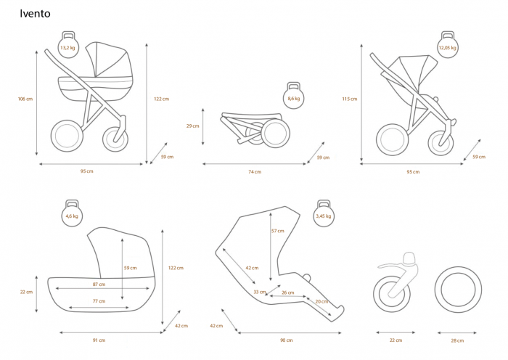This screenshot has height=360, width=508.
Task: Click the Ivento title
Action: point(35,14)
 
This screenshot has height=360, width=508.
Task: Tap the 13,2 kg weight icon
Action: point(68,45)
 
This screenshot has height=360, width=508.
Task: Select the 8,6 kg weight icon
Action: point(293,96)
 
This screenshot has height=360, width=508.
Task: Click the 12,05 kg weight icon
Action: point(448,45)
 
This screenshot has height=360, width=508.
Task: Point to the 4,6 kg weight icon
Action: point(72,213)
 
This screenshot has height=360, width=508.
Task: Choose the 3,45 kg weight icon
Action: point(324,213)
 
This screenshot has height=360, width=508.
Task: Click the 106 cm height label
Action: point(25,99)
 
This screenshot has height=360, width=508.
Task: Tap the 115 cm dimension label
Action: point(350,99)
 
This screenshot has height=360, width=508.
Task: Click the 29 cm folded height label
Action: point(193,126)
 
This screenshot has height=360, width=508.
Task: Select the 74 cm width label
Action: point(255,172)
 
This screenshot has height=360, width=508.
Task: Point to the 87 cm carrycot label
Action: point(99,285)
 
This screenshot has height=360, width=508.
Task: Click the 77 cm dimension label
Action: point(99,301)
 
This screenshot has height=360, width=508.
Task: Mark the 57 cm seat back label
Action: point(278,231)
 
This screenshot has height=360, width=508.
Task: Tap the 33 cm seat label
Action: point(260,292)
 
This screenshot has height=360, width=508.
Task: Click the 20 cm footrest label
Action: point(321,301)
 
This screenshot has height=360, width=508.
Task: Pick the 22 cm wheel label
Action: point(396,340)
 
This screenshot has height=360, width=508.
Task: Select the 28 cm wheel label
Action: point(457,340)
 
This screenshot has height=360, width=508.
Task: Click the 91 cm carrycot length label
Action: point(99,340)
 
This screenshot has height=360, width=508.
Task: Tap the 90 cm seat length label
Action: point(287,340)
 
